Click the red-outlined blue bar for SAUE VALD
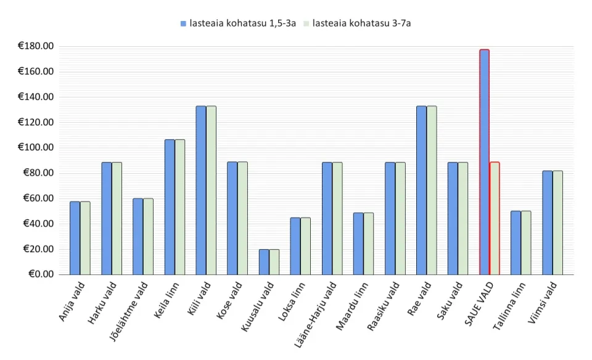point(484,162)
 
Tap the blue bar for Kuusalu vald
point(264,261)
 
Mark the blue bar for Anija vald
point(75,237)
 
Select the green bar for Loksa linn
point(306,245)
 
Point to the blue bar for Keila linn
point(170,207)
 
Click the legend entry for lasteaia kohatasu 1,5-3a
point(238,23)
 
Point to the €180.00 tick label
point(36,46)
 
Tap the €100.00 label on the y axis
point(36,147)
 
